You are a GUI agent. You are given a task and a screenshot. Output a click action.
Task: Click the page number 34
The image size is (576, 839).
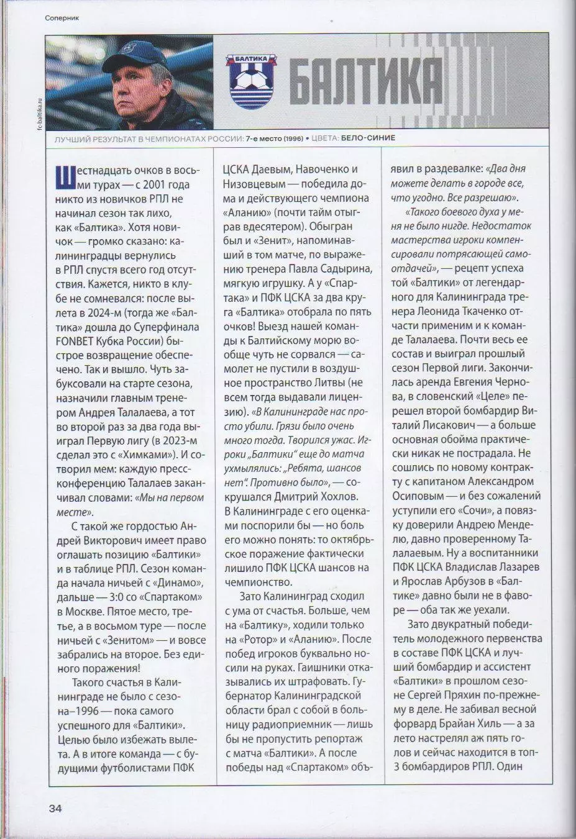[55, 808]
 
